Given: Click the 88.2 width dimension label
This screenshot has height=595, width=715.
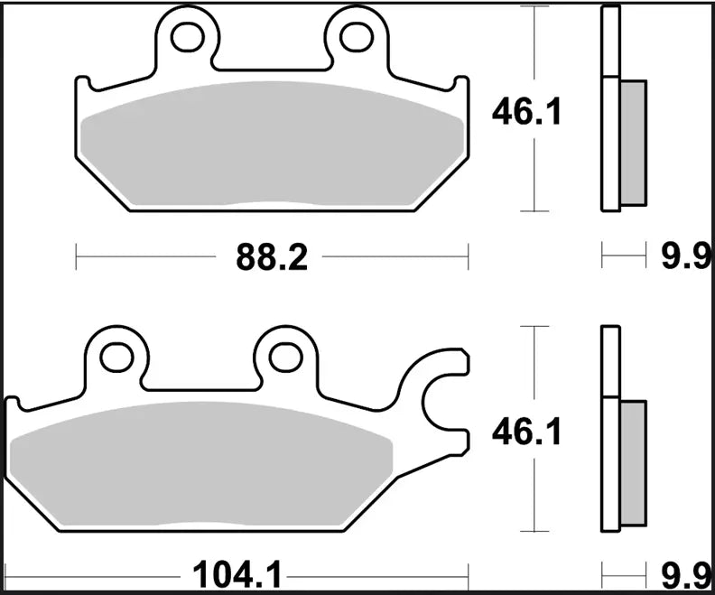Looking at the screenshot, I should [x=272, y=258].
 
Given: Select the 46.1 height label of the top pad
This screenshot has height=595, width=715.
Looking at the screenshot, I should [x=526, y=112].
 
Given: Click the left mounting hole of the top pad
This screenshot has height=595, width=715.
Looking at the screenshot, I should [x=188, y=35].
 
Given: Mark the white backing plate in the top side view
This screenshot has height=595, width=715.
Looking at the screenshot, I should [x=611, y=108].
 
